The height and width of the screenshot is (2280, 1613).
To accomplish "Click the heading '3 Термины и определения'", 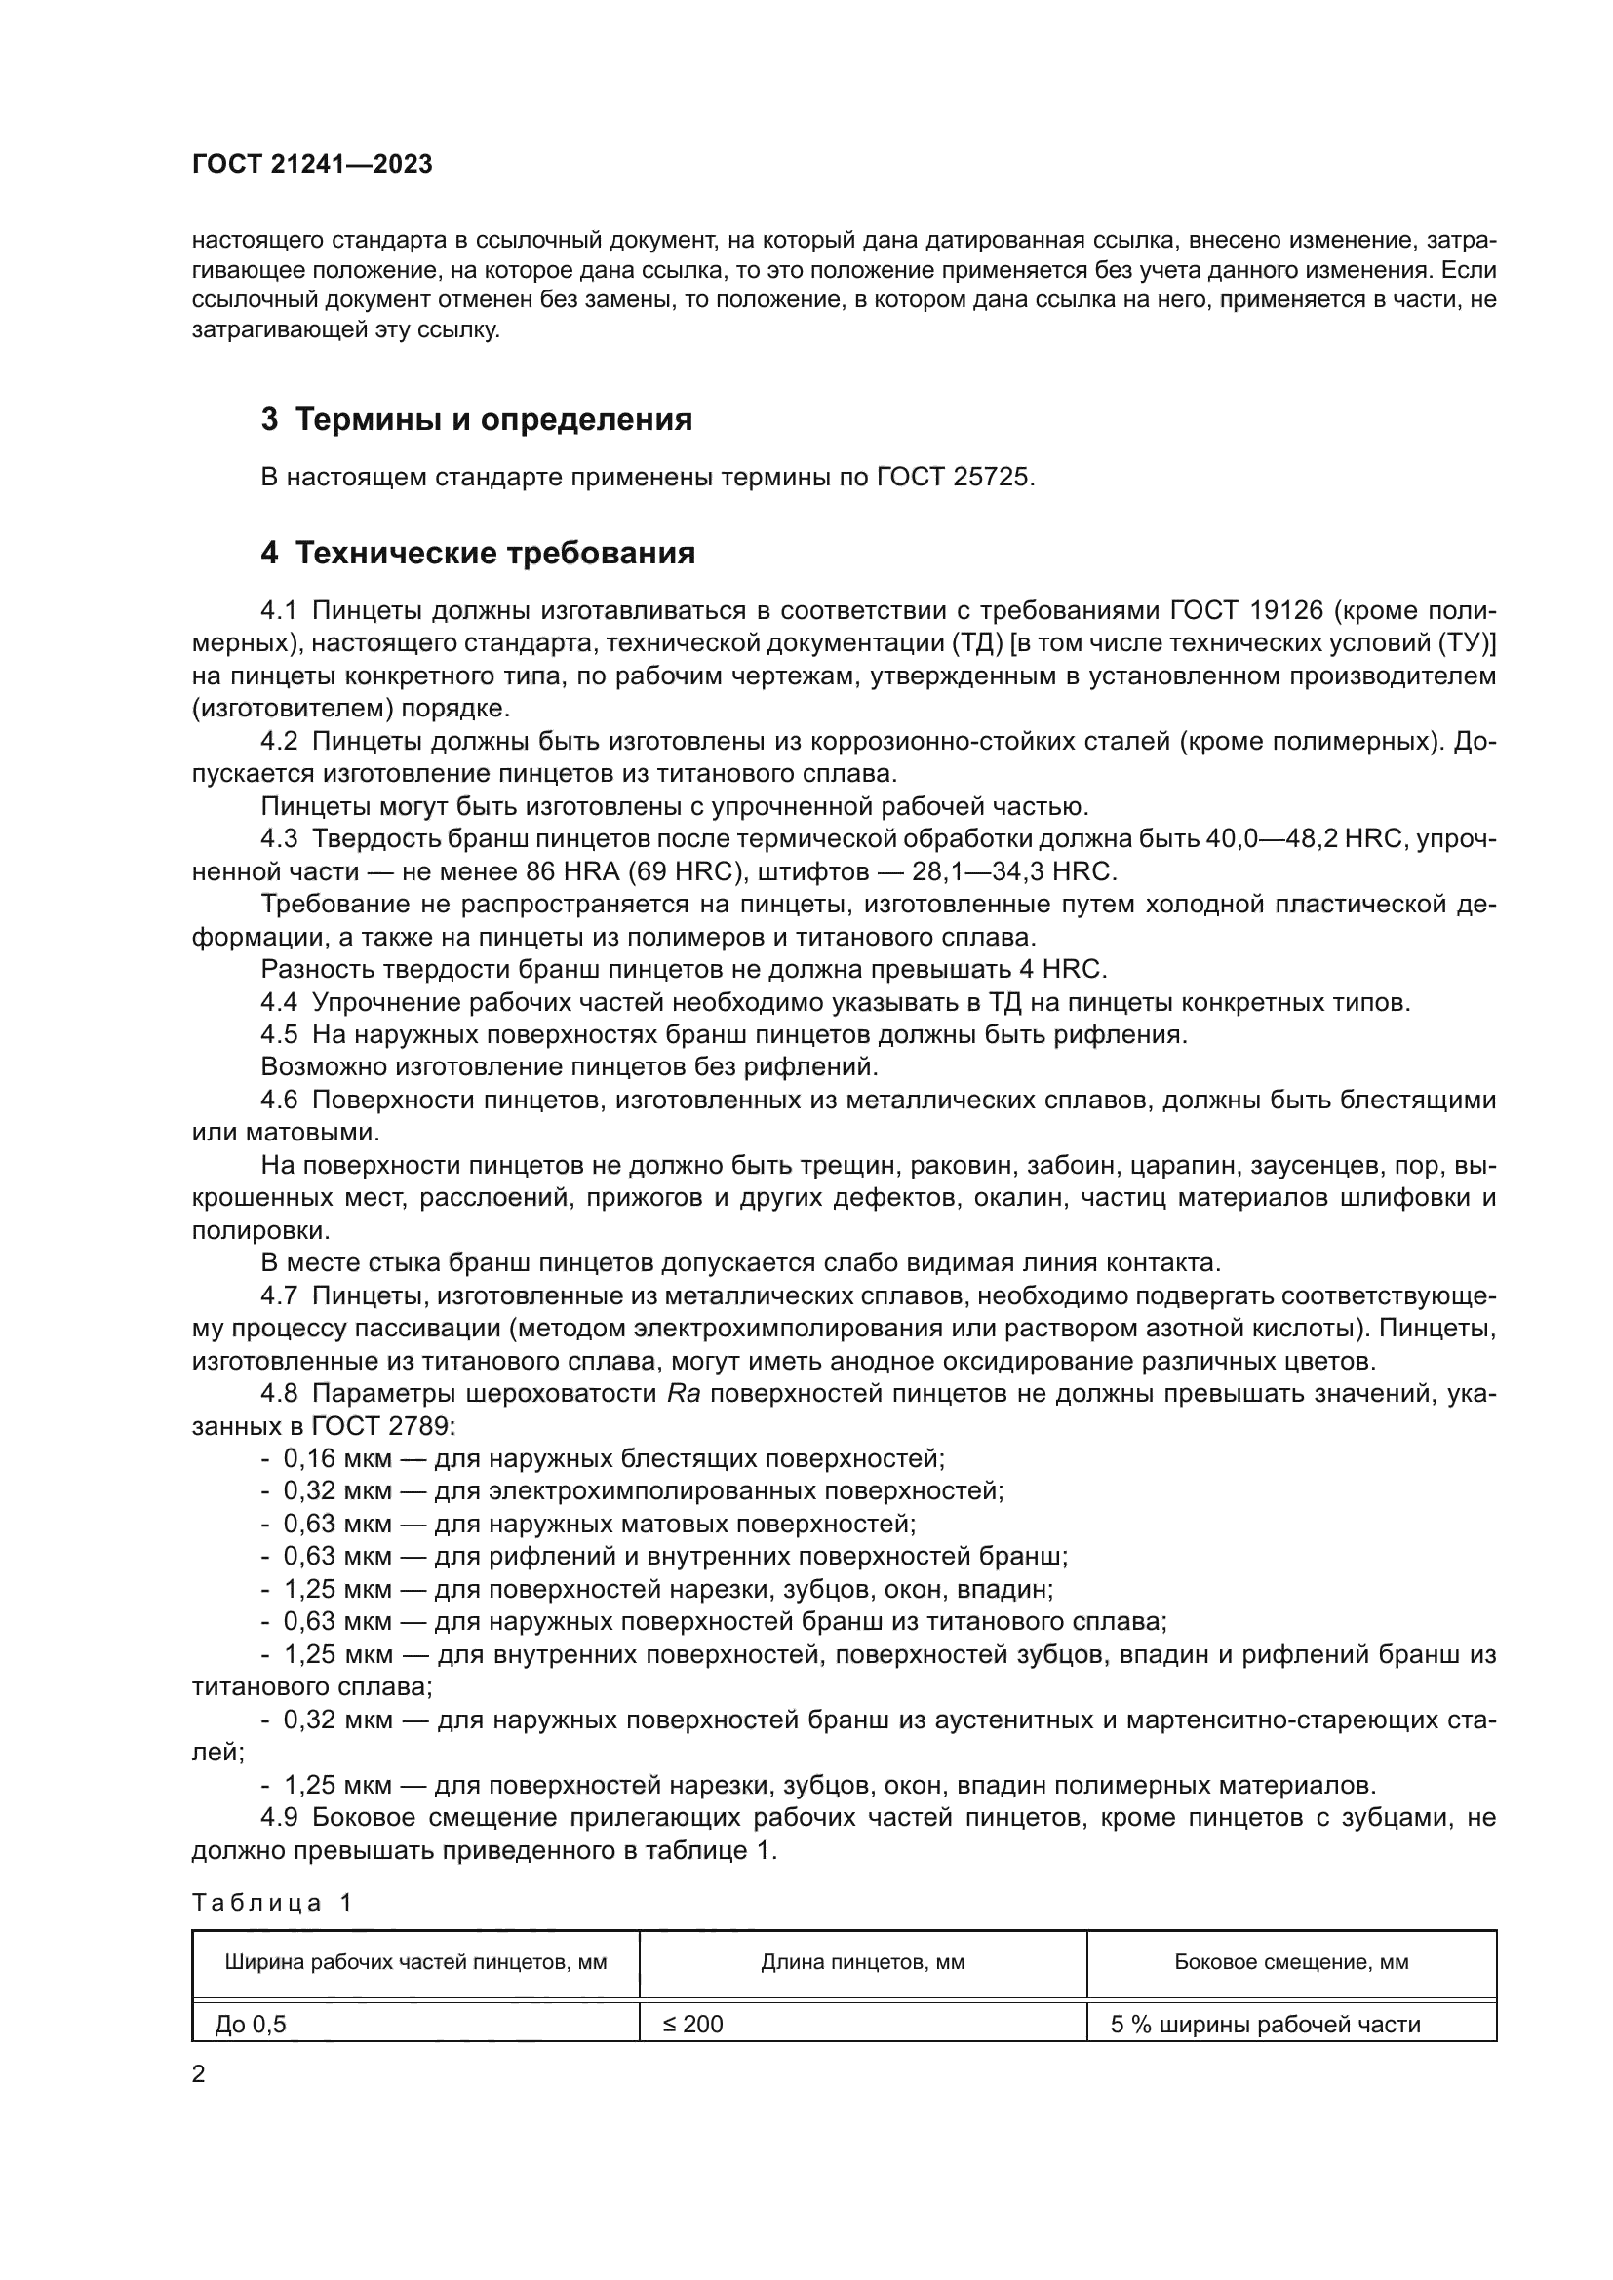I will [x=477, y=420].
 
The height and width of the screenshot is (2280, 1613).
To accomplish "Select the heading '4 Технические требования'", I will [x=478, y=553].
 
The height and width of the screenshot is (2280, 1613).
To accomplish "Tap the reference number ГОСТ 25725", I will [x=956, y=478].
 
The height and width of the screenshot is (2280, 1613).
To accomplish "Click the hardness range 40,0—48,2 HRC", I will [x=1302, y=839].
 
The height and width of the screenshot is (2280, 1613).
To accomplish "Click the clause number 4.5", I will [x=279, y=1035].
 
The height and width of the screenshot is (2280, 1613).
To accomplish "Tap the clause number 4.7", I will [x=279, y=1295].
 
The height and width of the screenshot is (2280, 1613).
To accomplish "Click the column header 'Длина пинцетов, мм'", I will [x=862, y=1962].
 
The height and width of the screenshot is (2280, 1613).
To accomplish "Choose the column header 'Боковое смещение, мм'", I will [x=1291, y=1962].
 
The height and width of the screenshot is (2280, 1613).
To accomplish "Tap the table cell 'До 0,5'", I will [x=251, y=2024].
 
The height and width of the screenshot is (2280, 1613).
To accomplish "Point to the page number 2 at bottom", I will [x=199, y=2074].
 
